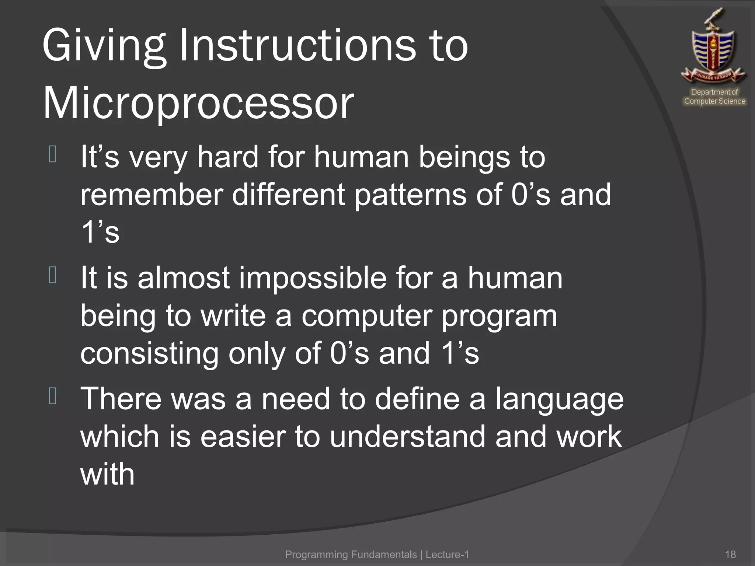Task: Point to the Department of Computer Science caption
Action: click(714, 97)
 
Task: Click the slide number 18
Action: click(730, 554)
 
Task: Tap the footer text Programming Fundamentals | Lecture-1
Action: click(377, 554)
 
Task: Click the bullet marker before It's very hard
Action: click(52, 154)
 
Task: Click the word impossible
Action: click(313, 278)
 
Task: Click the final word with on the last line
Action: click(107, 474)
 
